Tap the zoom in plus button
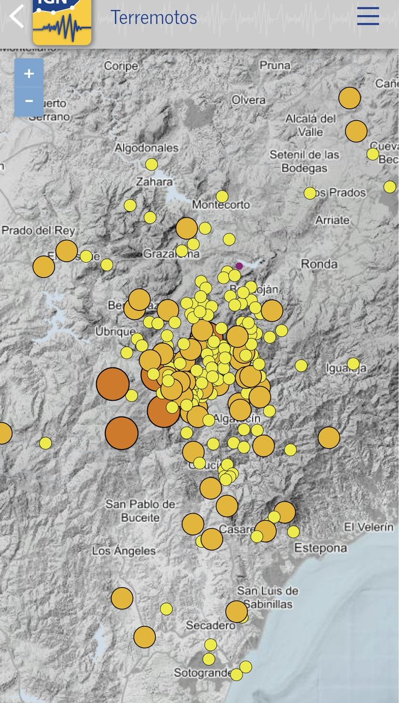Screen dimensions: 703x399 [29, 74]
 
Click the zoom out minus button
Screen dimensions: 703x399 [29, 101]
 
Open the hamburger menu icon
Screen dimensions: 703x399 [368, 16]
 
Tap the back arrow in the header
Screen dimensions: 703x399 [16, 16]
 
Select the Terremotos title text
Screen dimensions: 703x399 [154, 18]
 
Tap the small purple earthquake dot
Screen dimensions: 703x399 [239, 266]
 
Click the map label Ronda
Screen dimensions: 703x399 [319, 264]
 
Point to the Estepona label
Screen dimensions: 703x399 [320, 548]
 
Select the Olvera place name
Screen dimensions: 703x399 [248, 100]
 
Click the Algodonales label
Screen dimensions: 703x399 [146, 148]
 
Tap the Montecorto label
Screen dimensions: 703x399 [221, 205]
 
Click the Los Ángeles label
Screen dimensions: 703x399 [124, 551]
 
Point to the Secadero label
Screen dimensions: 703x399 [210, 626]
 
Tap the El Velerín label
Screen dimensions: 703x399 [369, 527]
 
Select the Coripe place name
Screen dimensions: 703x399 [121, 66]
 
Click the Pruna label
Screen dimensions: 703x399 [275, 66]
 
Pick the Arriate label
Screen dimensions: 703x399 [332, 220]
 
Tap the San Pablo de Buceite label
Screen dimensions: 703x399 [141, 510]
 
